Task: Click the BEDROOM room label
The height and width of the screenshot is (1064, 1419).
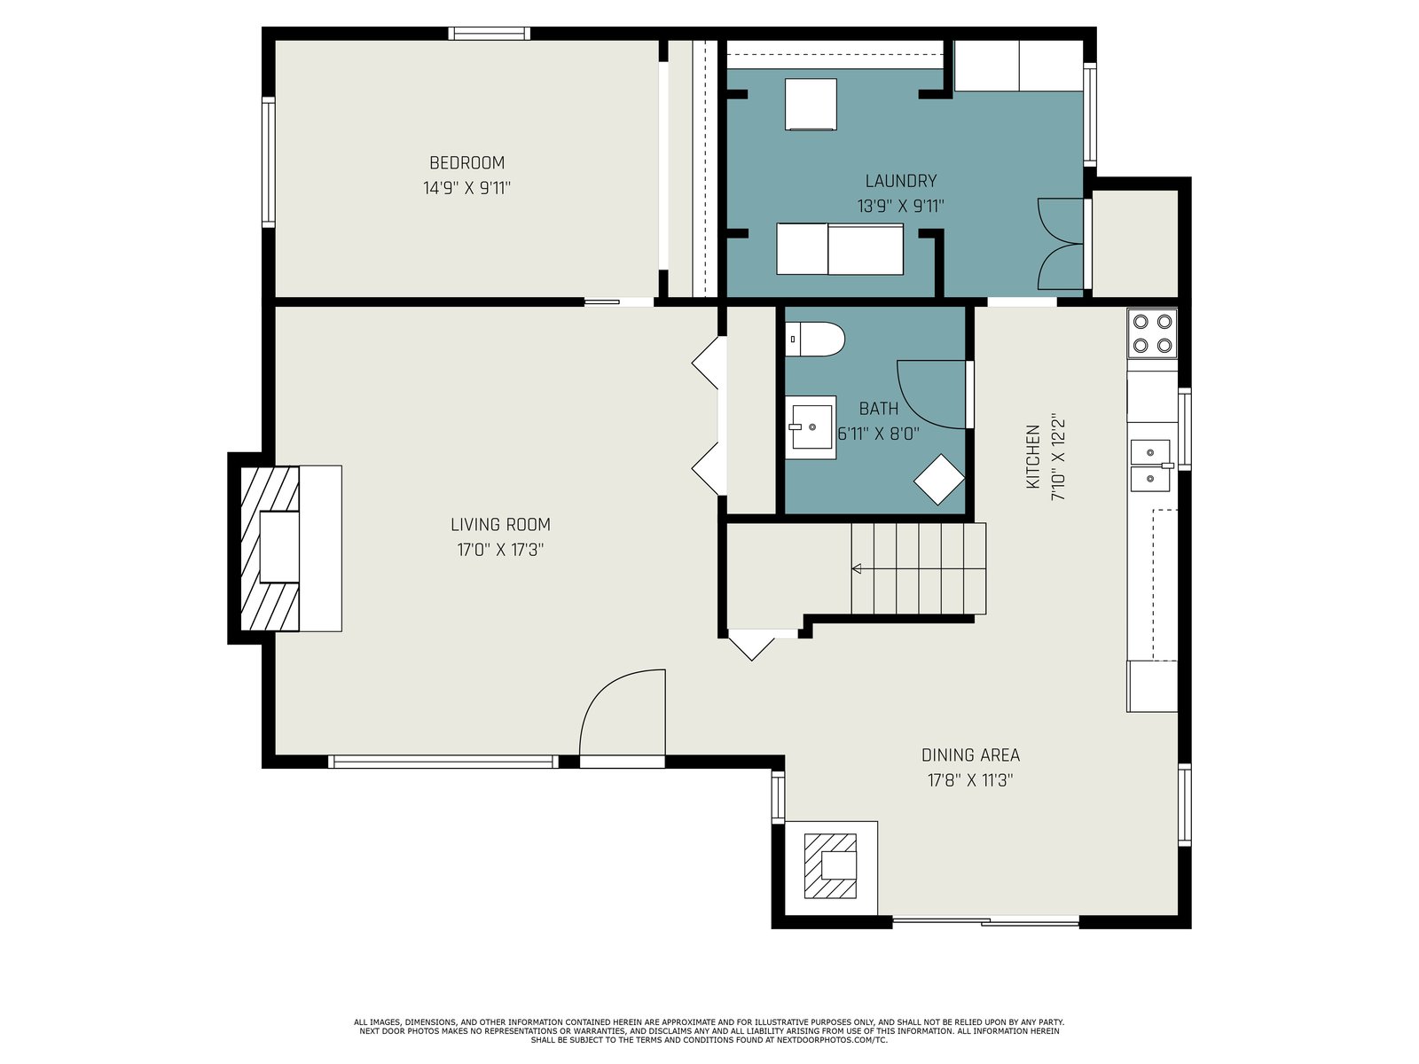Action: (x=466, y=162)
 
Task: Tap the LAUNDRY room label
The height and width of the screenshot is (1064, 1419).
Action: (x=900, y=180)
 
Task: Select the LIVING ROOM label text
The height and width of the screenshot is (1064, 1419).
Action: (x=500, y=524)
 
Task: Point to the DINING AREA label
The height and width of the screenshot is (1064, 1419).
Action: (x=970, y=755)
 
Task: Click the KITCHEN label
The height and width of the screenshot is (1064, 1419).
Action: (x=1033, y=456)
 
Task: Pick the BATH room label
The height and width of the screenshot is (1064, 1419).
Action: (x=879, y=408)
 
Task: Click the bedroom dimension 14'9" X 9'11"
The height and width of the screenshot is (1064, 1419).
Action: (x=466, y=188)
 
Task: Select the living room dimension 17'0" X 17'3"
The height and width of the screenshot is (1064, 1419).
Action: (x=500, y=550)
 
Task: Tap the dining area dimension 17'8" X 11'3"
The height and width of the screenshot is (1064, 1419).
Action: (x=970, y=780)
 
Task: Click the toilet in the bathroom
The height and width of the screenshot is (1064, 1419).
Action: (x=815, y=340)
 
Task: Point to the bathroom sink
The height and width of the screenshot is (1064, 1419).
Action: (x=811, y=427)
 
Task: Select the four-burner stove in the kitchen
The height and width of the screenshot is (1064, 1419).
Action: (x=1152, y=333)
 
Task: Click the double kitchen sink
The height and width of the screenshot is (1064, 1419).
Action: (x=1150, y=465)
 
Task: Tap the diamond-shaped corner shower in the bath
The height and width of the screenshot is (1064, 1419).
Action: (x=939, y=480)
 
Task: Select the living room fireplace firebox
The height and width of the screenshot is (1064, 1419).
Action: (x=279, y=547)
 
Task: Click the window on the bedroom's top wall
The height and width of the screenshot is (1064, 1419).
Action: (x=490, y=34)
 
